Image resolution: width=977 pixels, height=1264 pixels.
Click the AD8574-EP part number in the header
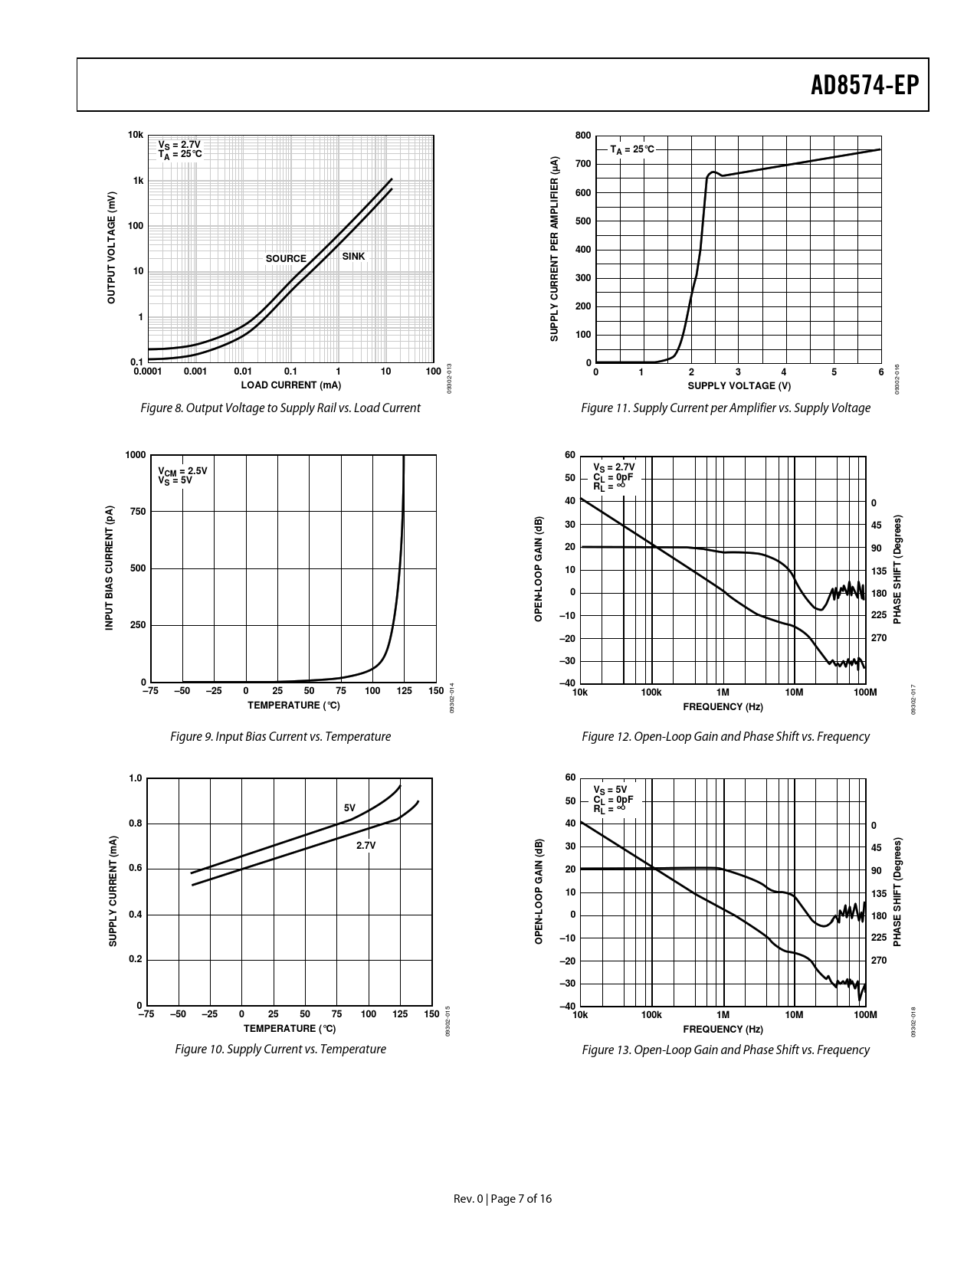click(864, 85)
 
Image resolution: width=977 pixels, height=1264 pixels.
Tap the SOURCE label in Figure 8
click(286, 259)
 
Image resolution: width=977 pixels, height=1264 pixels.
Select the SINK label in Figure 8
click(353, 257)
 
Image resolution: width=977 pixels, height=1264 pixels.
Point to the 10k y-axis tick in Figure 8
click(136, 135)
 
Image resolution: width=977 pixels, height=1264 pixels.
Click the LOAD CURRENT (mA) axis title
click(291, 385)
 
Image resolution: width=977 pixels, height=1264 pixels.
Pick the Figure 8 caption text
click(280, 408)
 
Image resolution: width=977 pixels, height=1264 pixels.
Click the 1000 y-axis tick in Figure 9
click(135, 455)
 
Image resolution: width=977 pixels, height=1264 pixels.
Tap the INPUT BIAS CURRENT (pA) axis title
click(110, 568)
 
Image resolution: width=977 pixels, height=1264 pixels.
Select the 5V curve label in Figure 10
click(349, 808)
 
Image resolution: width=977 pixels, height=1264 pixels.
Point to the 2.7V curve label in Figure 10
click(366, 846)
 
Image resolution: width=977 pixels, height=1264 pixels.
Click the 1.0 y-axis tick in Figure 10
click(136, 778)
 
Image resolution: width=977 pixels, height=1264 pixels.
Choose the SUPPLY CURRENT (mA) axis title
click(113, 891)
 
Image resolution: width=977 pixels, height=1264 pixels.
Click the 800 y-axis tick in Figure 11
click(582, 136)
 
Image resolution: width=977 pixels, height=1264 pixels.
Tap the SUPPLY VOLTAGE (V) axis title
click(739, 385)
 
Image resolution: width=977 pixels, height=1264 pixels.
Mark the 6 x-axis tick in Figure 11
click(880, 372)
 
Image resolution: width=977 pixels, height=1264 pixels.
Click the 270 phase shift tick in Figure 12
click(878, 637)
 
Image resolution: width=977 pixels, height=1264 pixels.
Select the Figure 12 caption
click(725, 737)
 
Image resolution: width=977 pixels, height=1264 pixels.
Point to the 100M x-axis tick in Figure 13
click(864, 1015)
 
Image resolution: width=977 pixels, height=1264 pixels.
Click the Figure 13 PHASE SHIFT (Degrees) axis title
click(897, 891)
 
